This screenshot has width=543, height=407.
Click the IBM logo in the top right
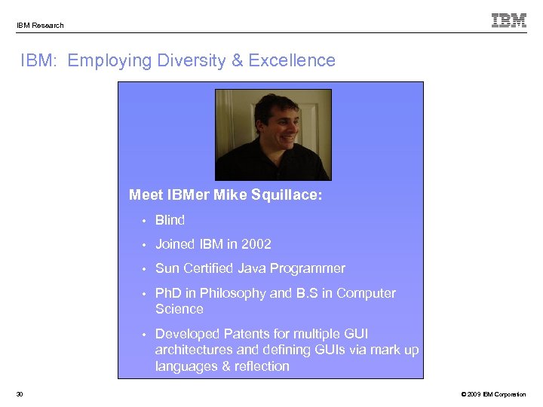(x=509, y=20)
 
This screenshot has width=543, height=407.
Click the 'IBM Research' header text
(x=40, y=25)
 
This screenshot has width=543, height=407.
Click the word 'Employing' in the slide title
(x=110, y=60)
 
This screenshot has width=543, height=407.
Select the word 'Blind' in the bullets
(x=170, y=220)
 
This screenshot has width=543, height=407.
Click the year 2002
(x=256, y=244)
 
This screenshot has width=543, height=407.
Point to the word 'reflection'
(x=260, y=366)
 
